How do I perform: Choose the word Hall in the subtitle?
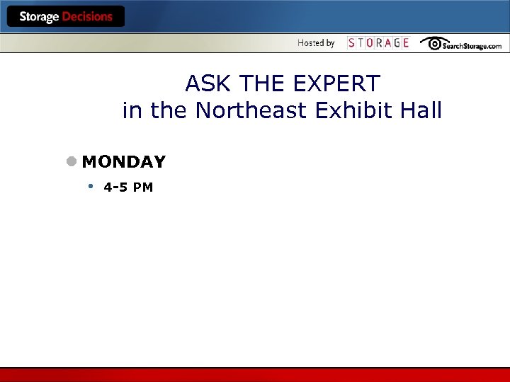pos(421,111)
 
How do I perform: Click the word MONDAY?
pos(124,162)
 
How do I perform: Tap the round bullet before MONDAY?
pos(72,161)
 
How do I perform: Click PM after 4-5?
pos(144,187)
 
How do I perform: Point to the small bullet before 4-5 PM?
pos(91,187)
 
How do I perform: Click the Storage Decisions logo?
pos(66,17)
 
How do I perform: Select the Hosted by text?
pos(316,43)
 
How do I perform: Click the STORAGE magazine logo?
pos(378,43)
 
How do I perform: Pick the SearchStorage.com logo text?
pos(472,45)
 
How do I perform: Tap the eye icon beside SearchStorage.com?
pos(431,43)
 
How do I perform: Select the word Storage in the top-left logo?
pos(39,17)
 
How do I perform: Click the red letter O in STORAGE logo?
pos(373,43)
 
